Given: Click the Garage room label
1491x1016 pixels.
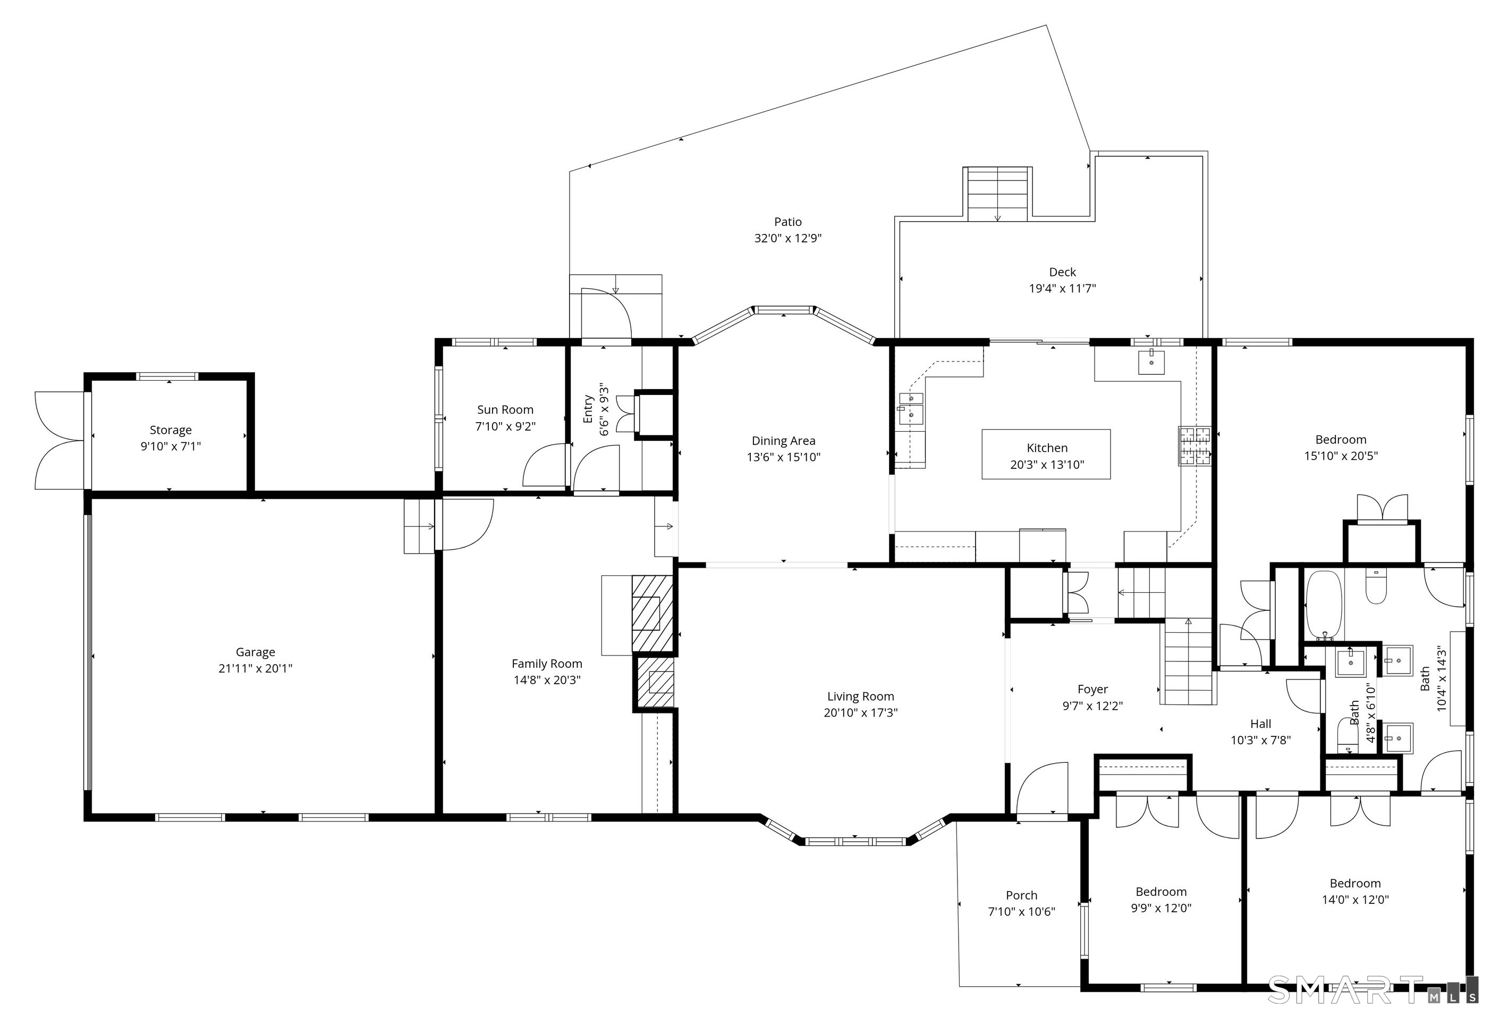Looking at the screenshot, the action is click(256, 652).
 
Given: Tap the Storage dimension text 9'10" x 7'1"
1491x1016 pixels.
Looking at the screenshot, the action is click(171, 447).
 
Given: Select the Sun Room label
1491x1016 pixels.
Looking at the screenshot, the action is click(505, 409).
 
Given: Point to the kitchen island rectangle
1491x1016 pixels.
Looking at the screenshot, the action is click(1046, 455).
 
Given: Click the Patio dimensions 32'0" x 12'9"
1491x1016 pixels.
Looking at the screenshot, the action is click(788, 239).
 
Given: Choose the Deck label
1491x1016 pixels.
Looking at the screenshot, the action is click(1062, 272).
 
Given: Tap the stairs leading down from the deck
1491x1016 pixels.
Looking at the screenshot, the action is click(998, 195).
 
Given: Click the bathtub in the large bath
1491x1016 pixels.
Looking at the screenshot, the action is click(1324, 604).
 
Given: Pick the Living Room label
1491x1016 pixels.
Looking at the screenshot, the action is click(860, 696).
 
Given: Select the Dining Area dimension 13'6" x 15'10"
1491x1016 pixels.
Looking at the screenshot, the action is click(783, 458).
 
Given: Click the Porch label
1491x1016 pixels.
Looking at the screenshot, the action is click(1021, 895).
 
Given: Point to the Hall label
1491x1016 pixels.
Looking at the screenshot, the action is click(1261, 724).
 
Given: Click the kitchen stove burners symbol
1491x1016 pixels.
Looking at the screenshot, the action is click(1195, 446).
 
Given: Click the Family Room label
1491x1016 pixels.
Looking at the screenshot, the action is click(547, 664).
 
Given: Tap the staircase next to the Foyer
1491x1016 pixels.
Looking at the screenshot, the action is click(1188, 661).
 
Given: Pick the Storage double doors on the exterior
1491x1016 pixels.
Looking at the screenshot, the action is click(59, 440).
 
